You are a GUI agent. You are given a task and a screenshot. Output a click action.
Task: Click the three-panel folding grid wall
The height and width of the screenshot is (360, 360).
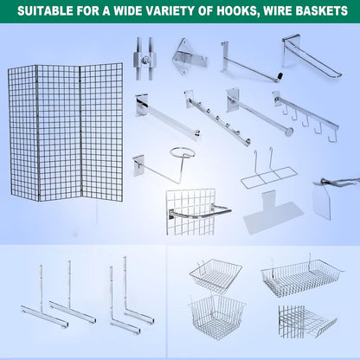[x=66, y=132]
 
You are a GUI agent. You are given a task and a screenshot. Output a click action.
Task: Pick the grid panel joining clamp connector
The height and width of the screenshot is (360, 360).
[x=145, y=59]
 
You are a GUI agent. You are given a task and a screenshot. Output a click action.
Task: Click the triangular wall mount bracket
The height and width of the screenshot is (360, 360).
[x=189, y=56]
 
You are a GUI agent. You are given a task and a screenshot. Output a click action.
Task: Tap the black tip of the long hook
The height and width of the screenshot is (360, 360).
[x=280, y=77]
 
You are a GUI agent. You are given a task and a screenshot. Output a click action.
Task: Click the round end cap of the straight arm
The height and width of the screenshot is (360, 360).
[x=288, y=132]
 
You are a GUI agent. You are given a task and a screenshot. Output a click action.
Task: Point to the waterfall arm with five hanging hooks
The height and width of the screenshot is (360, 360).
[x=305, y=116]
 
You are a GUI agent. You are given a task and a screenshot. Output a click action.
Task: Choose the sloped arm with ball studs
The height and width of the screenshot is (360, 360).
[x=217, y=118]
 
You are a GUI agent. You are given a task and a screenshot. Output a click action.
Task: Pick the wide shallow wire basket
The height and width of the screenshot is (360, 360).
[x=302, y=276]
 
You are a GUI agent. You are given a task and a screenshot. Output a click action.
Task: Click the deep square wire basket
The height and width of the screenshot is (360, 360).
[x=216, y=317]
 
